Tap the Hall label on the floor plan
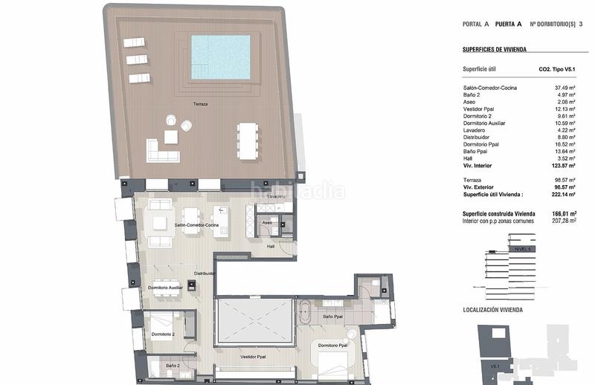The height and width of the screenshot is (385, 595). pyautogui.click(x=271, y=246)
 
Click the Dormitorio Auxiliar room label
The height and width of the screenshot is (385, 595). pyautogui.click(x=166, y=287)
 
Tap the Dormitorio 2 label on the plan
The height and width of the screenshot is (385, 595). pyautogui.click(x=163, y=334)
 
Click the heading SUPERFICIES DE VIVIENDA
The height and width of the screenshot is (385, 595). pyautogui.click(x=494, y=49)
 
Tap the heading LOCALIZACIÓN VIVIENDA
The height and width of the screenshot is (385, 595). pyautogui.click(x=492, y=309)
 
